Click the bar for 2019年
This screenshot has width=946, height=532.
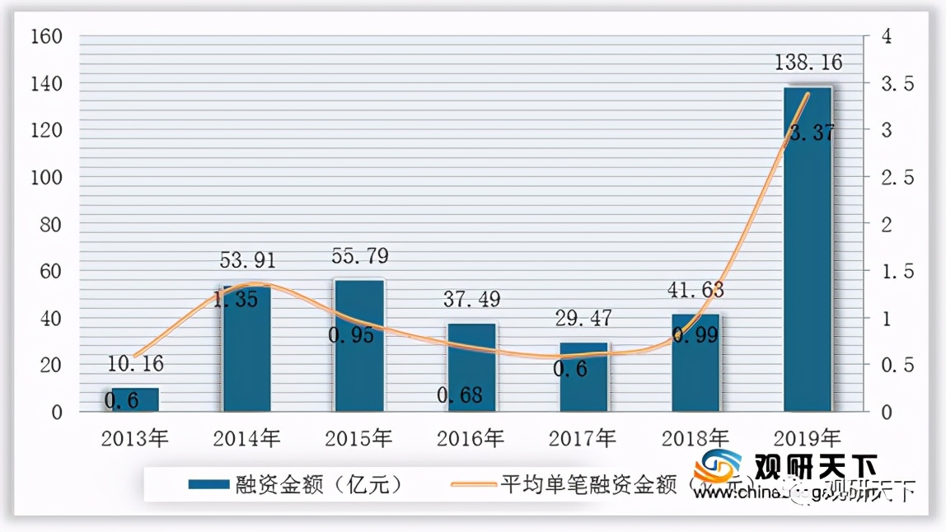click(808, 248)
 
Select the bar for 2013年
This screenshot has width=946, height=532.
click(134, 399)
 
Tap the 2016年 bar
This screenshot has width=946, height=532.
click(471, 367)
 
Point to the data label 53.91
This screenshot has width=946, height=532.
click(247, 261)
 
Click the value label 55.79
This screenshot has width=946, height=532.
click(359, 256)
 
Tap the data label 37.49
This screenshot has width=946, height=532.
click(471, 300)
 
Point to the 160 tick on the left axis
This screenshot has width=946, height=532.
click(45, 37)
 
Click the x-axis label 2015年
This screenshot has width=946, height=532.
click(359, 437)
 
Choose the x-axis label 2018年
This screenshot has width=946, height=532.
click(695, 437)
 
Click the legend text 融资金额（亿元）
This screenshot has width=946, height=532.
click(319, 484)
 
